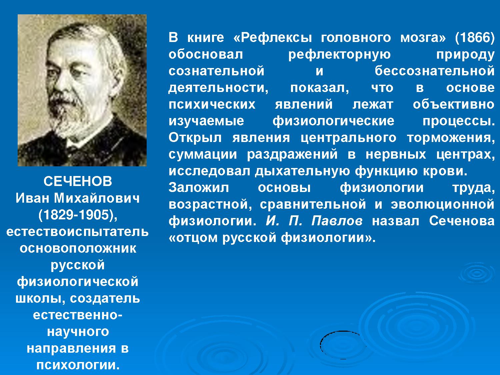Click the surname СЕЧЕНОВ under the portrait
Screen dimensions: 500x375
tap(78, 181)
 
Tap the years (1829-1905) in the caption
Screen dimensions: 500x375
tap(78, 215)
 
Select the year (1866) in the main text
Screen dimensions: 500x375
tap(475, 38)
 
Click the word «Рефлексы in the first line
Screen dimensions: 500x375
tap(273, 38)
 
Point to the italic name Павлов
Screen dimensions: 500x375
tap(337, 221)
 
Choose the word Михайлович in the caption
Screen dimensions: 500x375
tap(97, 198)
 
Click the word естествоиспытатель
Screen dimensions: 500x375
tap(77, 232)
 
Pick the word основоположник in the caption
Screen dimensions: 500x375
tap(78, 248)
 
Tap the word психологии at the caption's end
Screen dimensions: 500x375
tap(78, 365)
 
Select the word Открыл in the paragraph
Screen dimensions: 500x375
tap(195, 138)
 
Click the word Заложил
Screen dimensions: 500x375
tap(199, 188)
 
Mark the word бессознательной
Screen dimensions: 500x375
tap(435, 71)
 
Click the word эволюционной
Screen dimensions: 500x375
tap(443, 204)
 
